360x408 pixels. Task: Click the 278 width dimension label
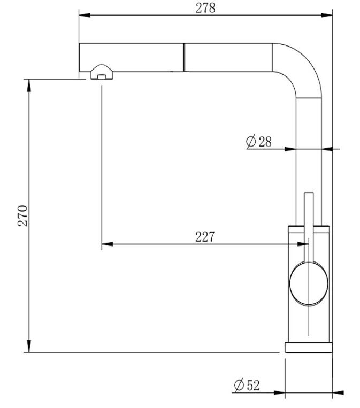[205, 8]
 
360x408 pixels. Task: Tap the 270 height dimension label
[22, 215]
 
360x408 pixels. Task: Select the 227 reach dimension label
[205, 236]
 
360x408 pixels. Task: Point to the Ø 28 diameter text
[258, 142]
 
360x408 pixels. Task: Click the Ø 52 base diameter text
[247, 386]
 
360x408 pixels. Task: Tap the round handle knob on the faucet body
[309, 283]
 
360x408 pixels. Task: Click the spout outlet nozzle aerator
[102, 72]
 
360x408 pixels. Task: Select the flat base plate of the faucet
[309, 348]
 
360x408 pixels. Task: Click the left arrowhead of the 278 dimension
[85, 15]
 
